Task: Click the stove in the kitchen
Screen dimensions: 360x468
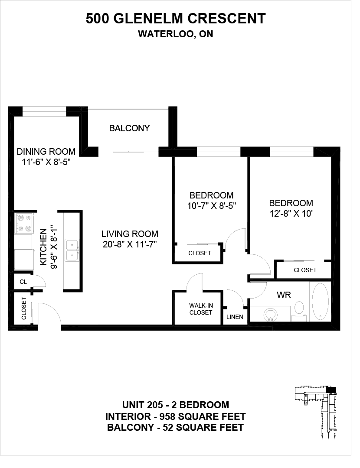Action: (x=24, y=223)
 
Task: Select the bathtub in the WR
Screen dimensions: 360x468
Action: (x=320, y=301)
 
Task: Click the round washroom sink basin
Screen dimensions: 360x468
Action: (x=270, y=314)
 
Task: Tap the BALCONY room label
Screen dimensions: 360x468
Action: (x=129, y=128)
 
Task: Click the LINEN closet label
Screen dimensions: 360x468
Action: (x=235, y=317)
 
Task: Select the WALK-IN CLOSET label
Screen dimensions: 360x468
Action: (x=201, y=309)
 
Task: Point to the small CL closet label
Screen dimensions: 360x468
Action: (x=23, y=282)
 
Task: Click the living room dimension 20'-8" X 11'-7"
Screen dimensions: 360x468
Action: (x=130, y=244)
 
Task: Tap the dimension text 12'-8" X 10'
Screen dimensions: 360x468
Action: (x=291, y=214)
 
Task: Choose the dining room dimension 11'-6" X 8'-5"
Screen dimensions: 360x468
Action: (x=46, y=162)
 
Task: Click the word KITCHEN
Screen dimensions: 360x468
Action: (x=44, y=247)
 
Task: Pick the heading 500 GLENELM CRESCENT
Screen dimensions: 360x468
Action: (x=176, y=19)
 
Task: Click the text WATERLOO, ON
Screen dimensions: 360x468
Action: (x=176, y=34)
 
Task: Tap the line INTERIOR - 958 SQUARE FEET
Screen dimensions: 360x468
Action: (x=176, y=416)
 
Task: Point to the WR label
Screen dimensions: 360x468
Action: (x=284, y=295)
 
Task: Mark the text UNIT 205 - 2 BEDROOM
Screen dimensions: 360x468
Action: (x=176, y=405)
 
